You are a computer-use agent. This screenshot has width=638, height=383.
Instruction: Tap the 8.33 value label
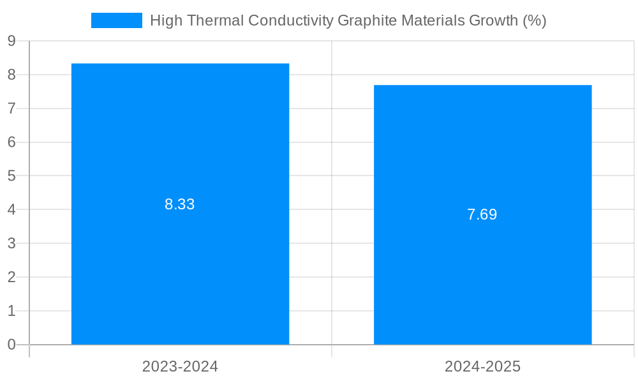tap(180, 204)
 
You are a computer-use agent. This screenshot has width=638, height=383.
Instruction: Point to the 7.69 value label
tap(482, 214)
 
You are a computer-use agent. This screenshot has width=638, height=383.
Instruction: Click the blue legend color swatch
tap(117, 20)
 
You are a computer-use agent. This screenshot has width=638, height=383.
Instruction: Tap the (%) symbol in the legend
tap(535, 20)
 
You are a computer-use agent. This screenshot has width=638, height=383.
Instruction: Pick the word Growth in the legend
tap(493, 20)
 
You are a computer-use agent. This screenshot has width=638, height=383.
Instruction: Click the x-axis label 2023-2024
tap(180, 366)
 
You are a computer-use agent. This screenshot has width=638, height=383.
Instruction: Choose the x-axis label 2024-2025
tap(482, 366)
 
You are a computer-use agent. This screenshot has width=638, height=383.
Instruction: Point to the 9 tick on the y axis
tap(11, 41)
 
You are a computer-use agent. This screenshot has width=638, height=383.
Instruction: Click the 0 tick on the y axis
tap(11, 345)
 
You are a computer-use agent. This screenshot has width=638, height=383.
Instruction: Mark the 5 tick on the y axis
tap(11, 176)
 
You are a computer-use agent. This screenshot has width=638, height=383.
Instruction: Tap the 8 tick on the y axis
tap(11, 75)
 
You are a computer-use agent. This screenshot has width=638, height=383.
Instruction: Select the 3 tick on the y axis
tap(11, 243)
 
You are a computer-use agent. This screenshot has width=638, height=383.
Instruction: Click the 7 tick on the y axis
tap(11, 109)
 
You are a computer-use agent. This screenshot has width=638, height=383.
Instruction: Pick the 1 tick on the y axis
tap(11, 311)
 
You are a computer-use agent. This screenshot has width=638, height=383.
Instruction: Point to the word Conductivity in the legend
tap(290, 20)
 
